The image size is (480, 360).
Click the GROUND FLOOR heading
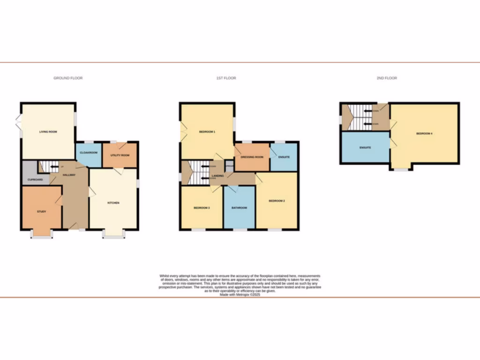[x=68, y=78]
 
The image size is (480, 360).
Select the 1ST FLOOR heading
[x=226, y=78]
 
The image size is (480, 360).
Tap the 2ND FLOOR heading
[x=387, y=78]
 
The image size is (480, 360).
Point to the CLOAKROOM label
[x=88, y=152]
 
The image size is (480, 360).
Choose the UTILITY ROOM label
[x=120, y=155]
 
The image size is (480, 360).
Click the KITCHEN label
[x=113, y=203]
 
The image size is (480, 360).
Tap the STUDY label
[x=42, y=211]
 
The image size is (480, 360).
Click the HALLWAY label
[x=69, y=174]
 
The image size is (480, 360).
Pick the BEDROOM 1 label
[x=207, y=132]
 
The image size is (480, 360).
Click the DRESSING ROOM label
[x=252, y=157]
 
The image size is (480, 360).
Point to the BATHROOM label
[x=239, y=208]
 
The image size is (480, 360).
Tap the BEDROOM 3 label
[x=202, y=208]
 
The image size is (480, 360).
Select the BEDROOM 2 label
[x=277, y=201]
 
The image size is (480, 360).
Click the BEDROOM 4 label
[x=424, y=134]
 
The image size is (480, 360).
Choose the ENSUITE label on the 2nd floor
[x=365, y=148]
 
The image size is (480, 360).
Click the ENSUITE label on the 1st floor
[x=284, y=157]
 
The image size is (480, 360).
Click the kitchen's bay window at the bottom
[x=113, y=237]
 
